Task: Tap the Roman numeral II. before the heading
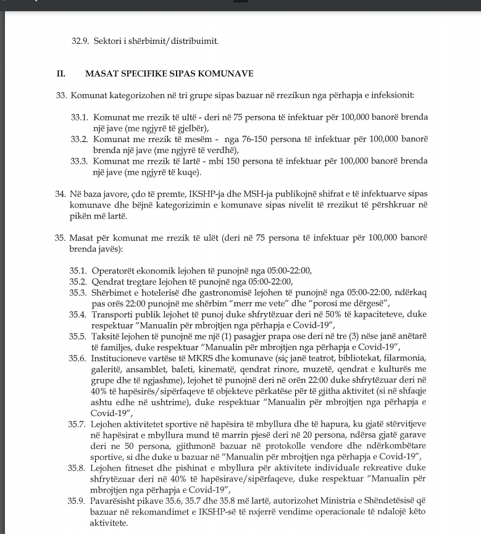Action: click(x=61, y=73)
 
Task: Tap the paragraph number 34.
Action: click(x=61, y=194)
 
